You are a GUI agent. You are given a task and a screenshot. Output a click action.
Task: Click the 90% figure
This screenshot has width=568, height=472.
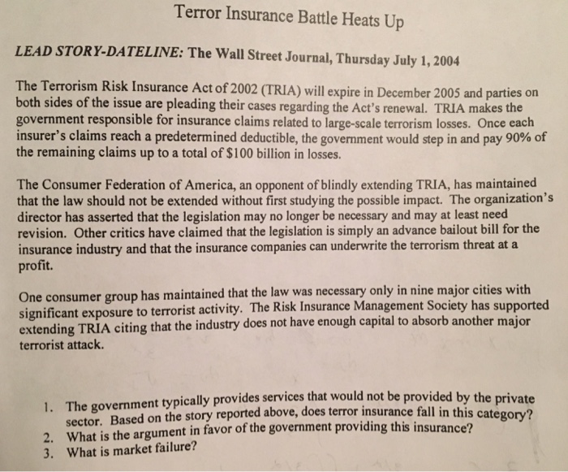502,136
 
